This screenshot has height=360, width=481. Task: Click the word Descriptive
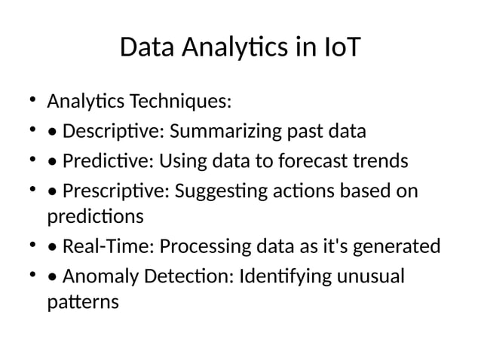point(114,132)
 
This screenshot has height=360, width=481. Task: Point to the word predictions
point(95,217)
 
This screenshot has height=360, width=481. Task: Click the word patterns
point(83,303)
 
